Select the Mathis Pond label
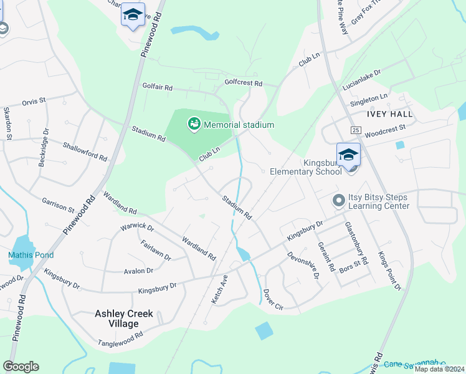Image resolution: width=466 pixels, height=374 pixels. [x=31, y=255]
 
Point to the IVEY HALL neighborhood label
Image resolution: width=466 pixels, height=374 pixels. [x=390, y=114]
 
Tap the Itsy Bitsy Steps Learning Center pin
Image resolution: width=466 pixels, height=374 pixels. [x=338, y=201]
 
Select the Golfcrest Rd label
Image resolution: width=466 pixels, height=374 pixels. [x=244, y=83]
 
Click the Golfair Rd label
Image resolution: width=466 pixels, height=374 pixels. [x=157, y=87]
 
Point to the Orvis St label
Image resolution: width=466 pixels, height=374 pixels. [x=34, y=100]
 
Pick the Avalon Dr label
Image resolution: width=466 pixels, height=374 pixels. [x=138, y=271]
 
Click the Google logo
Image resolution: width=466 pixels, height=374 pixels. [x=21, y=367]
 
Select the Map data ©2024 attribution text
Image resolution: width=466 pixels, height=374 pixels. [x=439, y=369]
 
